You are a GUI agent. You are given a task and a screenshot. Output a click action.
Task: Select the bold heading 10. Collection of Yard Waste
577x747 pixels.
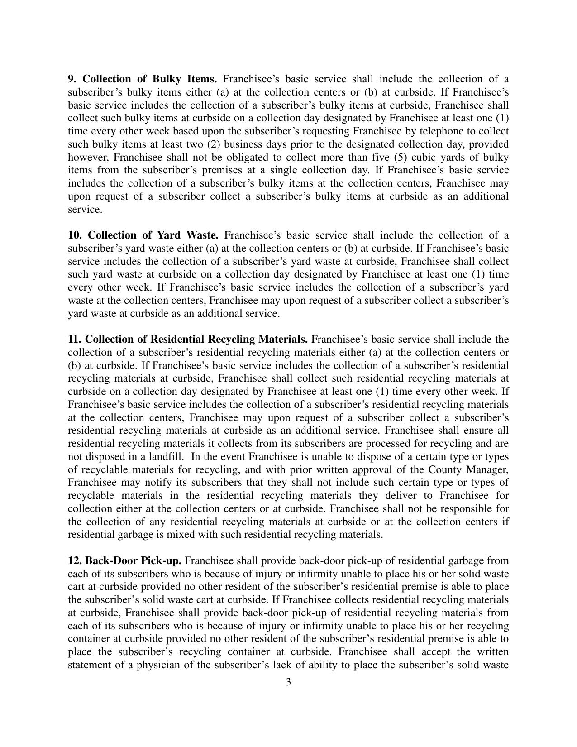click(143, 235)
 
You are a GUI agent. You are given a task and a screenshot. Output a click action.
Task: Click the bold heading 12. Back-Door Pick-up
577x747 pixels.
click(125, 561)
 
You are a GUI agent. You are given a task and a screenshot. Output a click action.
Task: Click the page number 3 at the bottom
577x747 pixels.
click(288, 682)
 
